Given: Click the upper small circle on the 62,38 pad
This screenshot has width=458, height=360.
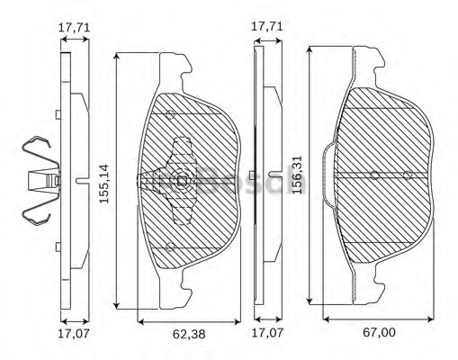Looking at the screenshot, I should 169,113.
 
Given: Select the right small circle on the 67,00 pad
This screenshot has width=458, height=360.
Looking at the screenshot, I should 408,174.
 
